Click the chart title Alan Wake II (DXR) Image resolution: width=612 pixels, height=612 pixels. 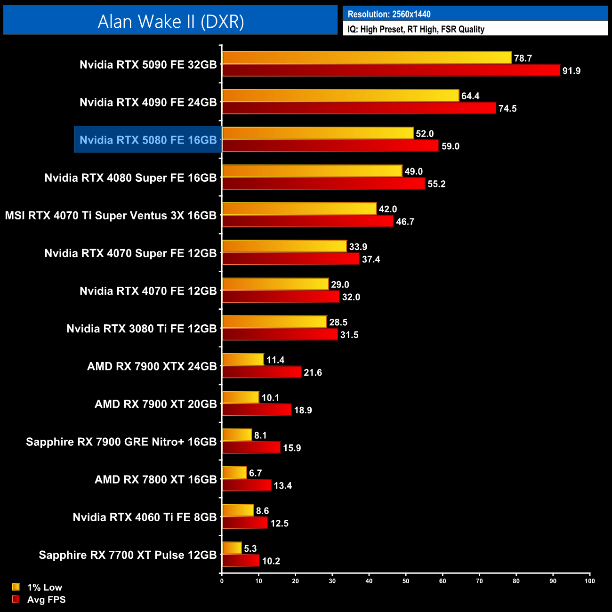point(170,21)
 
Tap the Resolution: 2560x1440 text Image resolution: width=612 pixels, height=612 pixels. point(389,14)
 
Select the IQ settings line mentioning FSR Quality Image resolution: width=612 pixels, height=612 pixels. point(416,29)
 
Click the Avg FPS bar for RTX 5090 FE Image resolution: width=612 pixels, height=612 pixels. point(391,71)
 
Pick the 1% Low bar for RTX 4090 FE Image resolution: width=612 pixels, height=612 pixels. point(340,96)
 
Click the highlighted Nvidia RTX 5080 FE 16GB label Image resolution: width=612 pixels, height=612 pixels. point(148,140)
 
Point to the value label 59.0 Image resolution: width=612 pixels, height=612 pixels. point(450,146)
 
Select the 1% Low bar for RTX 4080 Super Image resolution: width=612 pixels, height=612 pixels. point(312,171)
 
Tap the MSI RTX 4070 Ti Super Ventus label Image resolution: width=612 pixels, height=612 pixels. point(111,216)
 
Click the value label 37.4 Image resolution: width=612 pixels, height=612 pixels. point(371,259)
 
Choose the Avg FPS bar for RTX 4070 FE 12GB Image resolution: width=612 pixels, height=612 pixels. point(281,297)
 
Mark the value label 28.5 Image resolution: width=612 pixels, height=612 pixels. point(338,322)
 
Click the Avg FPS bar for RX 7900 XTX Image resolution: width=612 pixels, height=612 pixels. point(262,372)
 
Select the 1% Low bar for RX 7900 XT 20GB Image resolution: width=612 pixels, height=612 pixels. point(241,397)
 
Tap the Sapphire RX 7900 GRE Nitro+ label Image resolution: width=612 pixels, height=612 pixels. point(121,442)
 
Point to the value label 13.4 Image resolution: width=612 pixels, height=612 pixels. point(282,486)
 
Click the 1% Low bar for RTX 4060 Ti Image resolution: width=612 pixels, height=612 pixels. point(238,510)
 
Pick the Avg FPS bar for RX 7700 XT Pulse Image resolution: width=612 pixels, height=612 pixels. point(241,561)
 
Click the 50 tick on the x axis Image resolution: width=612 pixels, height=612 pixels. point(406,581)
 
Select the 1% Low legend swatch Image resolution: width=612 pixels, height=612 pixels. point(16,587)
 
